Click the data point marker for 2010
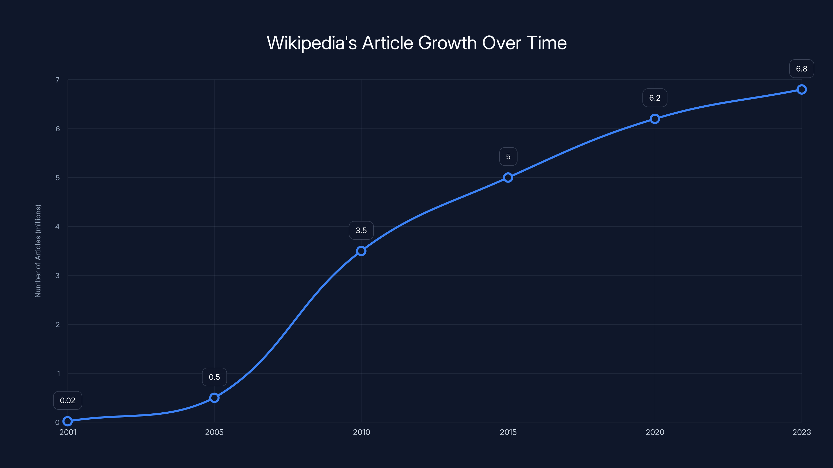tap(361, 251)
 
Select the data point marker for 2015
tap(508, 178)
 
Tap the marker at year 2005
tap(214, 398)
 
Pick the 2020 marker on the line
tap(655, 119)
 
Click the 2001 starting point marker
tap(68, 421)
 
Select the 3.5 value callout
tap(361, 230)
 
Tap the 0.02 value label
tap(68, 400)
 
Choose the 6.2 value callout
tap(655, 98)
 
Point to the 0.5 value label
tap(214, 377)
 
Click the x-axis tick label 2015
tap(508, 432)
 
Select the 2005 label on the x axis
tap(214, 432)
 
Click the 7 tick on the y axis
tap(58, 80)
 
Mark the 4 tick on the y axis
tap(58, 226)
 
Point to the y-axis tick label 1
tap(59, 373)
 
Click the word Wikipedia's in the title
tap(311, 43)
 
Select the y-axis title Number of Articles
tap(38, 251)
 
